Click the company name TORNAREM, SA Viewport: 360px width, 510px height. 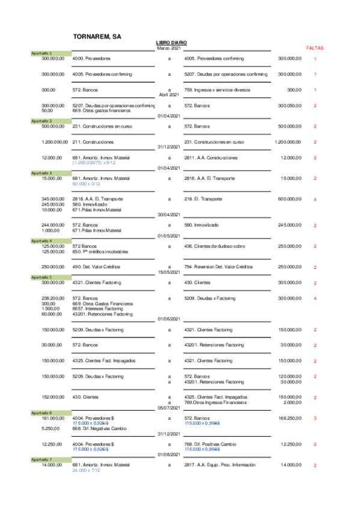tap(97, 37)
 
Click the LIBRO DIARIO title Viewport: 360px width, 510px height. tap(171, 43)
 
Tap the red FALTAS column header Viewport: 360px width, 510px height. tap(315, 47)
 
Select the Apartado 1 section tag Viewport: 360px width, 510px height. tap(41, 54)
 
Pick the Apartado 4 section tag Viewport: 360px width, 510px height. tap(41, 241)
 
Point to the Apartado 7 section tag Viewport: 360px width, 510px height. tap(41, 459)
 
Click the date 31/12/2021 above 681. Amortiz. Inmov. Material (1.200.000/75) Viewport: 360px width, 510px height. tap(169, 147)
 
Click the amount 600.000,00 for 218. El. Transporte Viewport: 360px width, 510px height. tap(290, 199)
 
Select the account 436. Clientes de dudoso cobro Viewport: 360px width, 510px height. tap(218, 246)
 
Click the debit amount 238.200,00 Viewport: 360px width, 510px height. tap(52, 298)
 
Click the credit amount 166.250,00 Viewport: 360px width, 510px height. tap(290, 417)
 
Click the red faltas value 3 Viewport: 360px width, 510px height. tap(315, 418)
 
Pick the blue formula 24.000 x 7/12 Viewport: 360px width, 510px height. tap(86, 470)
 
